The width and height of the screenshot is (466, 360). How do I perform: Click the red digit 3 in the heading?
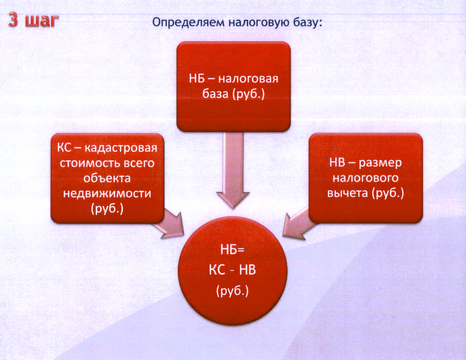pyautogui.click(x=13, y=20)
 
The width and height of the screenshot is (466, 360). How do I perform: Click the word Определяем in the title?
pyautogui.click(x=189, y=23)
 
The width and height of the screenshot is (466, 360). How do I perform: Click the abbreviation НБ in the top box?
pyautogui.click(x=197, y=79)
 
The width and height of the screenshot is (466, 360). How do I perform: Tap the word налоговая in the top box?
pyautogui.click(x=248, y=79)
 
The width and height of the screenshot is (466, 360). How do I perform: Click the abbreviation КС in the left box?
pyautogui.click(x=64, y=148)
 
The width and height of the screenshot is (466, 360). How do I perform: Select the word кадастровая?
pyautogui.click(x=121, y=148)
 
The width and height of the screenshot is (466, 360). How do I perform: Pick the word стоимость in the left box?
pyautogui.click(x=90, y=163)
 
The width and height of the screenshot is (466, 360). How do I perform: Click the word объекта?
pyautogui.click(x=107, y=178)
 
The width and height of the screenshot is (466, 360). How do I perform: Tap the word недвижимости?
pyautogui.click(x=107, y=194)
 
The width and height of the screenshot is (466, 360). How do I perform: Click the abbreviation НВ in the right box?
pyautogui.click(x=337, y=163)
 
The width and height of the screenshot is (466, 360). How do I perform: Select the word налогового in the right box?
pyautogui.click(x=365, y=178)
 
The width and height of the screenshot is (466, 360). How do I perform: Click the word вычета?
pyautogui.click(x=347, y=193)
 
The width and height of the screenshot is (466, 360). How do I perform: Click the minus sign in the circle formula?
pyautogui.click(x=233, y=271)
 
